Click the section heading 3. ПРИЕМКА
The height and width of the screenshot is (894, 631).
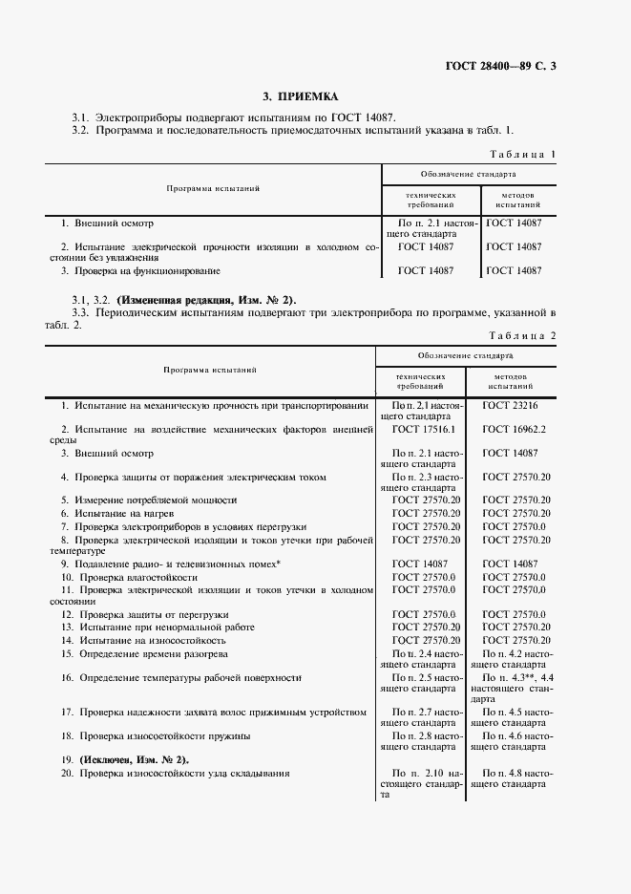coord(301,96)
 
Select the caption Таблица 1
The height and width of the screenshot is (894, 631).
coord(522,154)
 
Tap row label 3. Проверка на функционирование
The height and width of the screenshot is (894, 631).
coord(139,271)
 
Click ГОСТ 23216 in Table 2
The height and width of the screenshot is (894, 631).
coord(510,405)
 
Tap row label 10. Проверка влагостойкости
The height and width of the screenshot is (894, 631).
coord(130,578)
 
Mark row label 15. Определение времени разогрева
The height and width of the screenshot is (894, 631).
coord(144,653)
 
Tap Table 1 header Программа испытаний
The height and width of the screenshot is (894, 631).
coord(213,189)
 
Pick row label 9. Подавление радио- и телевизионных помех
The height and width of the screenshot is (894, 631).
coord(171,564)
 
